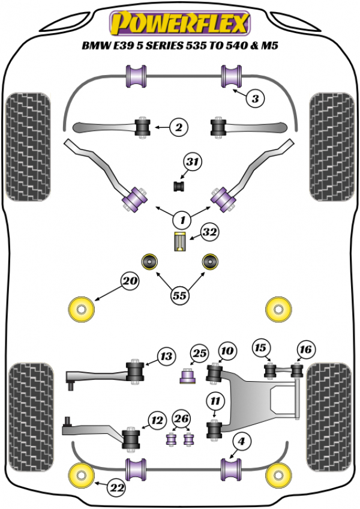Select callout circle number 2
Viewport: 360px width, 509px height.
[178, 127]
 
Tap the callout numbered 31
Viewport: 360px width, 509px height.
[193, 162]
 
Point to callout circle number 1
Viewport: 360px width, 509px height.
[181, 218]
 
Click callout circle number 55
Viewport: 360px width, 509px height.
[179, 295]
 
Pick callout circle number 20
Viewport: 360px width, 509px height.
[129, 280]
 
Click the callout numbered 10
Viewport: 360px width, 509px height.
[226, 350]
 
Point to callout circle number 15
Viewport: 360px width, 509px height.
[260, 348]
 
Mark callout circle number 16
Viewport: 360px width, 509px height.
[305, 349]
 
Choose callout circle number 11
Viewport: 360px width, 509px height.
[215, 400]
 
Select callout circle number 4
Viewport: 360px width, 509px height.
[241, 442]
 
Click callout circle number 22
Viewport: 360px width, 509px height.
[116, 489]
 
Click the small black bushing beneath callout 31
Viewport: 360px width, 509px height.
[178, 186]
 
